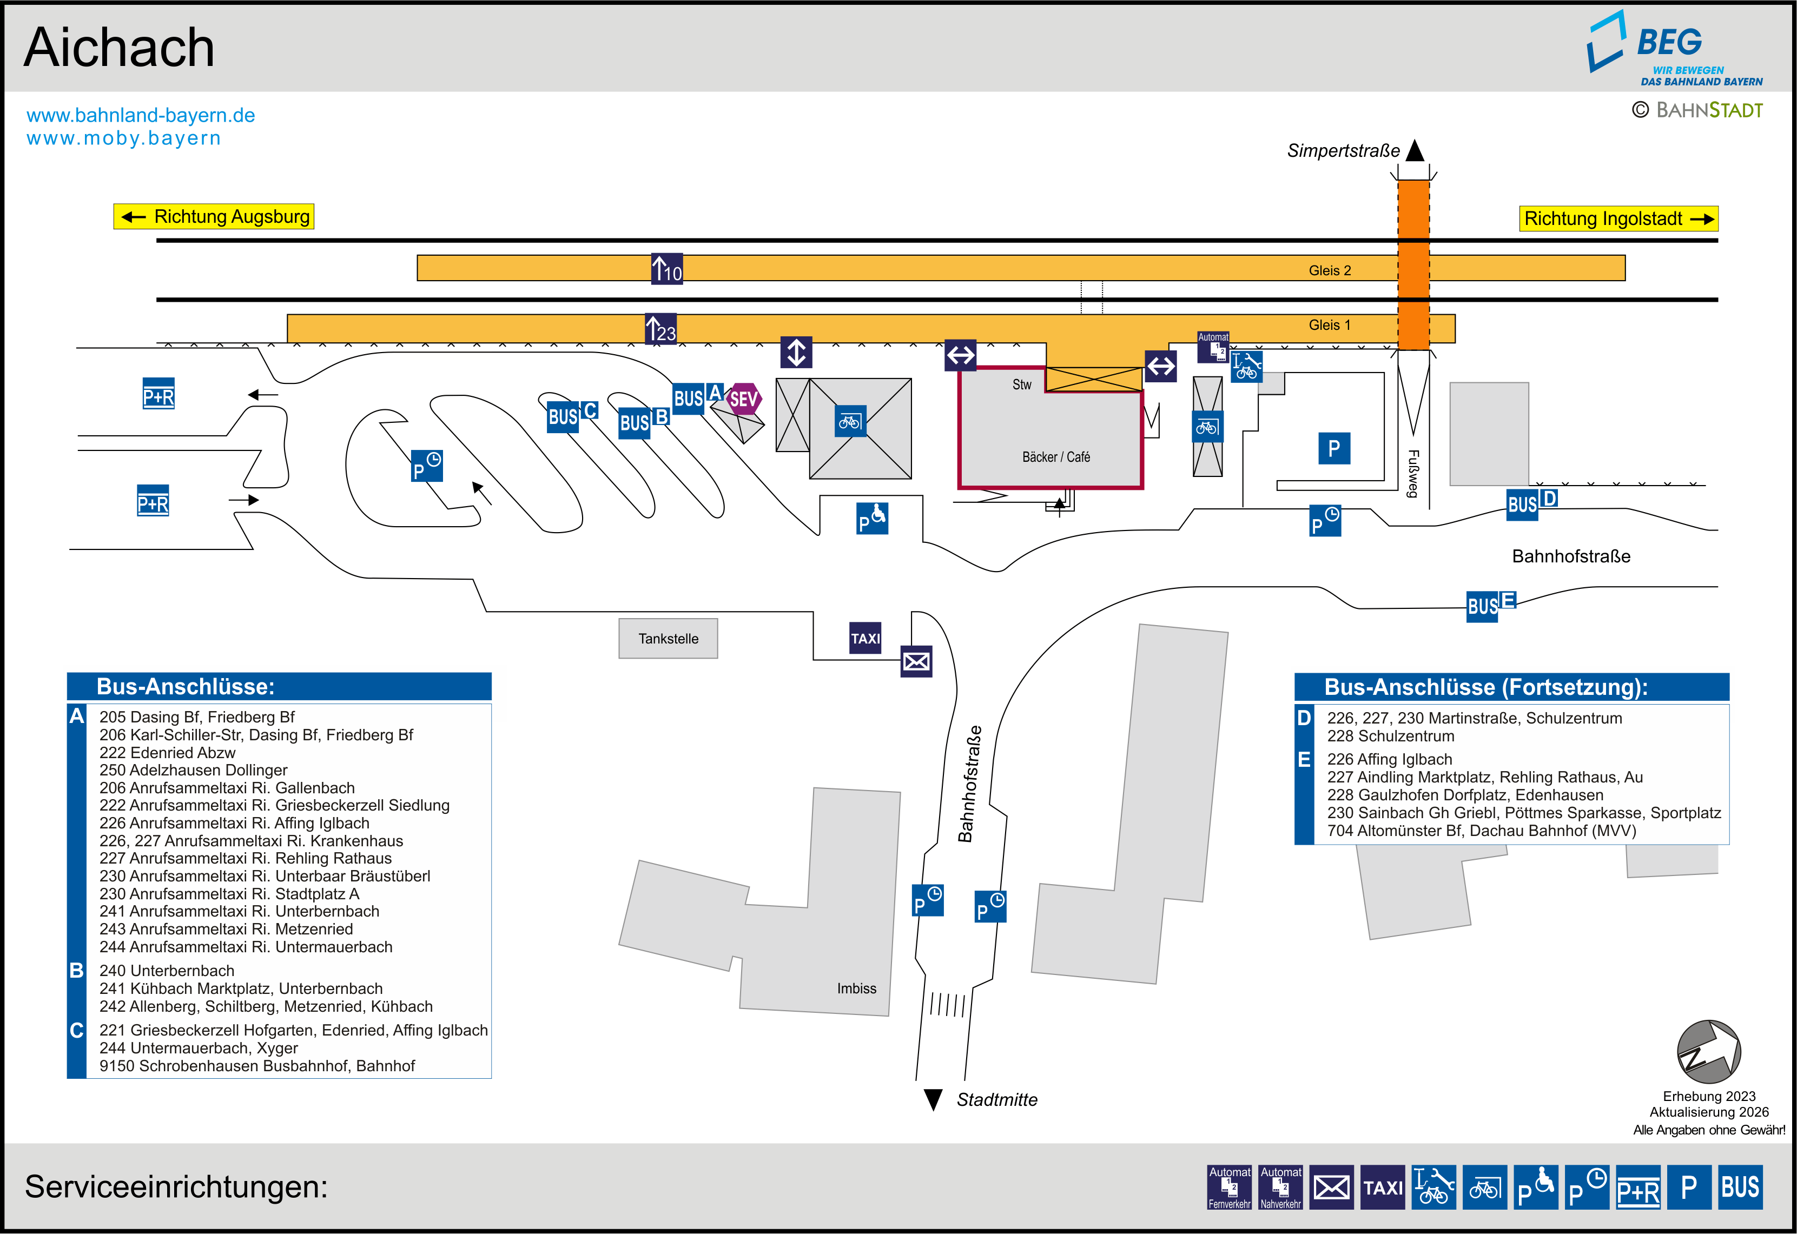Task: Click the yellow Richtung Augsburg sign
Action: (x=214, y=216)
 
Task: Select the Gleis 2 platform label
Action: (x=1329, y=270)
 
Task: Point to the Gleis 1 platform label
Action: (x=1329, y=325)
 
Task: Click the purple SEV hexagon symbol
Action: (x=743, y=399)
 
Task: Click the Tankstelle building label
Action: (x=668, y=639)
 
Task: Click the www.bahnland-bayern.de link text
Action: (x=141, y=115)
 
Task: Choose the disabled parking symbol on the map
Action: (x=871, y=519)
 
